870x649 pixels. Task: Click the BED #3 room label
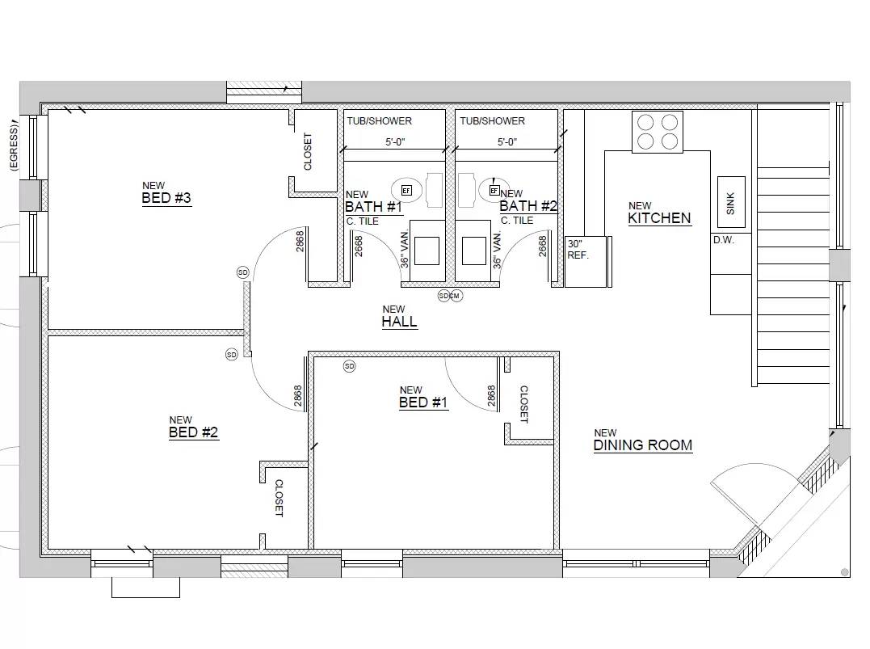[x=166, y=199]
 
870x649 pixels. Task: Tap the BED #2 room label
[x=193, y=432]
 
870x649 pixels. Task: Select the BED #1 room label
[x=423, y=402]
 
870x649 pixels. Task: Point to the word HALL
[x=399, y=322]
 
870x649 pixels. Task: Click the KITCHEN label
[x=659, y=218]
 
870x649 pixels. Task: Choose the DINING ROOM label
[x=642, y=445]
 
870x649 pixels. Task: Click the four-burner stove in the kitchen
[x=657, y=132]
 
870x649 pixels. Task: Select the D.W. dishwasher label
[x=723, y=240]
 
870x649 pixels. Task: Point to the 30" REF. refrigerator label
[x=578, y=249]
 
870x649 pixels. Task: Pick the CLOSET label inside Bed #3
[x=308, y=151]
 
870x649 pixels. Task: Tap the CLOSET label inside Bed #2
[x=279, y=498]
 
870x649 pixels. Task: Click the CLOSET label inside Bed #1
[x=523, y=404]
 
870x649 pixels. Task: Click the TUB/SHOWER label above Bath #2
[x=492, y=121]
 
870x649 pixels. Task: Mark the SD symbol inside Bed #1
[x=349, y=366]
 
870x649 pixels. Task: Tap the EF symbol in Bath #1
[x=406, y=190]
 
